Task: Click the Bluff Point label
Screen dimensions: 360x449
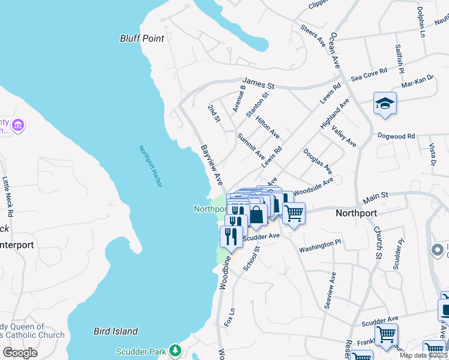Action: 142,38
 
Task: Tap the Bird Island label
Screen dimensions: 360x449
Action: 116,331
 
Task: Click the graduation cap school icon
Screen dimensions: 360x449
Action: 385,104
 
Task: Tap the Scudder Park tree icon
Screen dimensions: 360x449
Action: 175,349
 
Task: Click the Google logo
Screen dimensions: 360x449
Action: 20,352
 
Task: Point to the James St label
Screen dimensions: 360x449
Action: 258,80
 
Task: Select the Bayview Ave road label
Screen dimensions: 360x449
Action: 212,164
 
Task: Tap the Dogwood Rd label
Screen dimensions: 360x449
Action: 396,136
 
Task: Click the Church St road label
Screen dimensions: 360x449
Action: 378,242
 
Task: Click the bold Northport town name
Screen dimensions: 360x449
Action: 356,213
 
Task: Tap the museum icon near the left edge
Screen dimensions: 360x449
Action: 18,125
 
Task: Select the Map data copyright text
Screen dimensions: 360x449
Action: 423,355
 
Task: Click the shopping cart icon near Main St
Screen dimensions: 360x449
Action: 294,212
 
